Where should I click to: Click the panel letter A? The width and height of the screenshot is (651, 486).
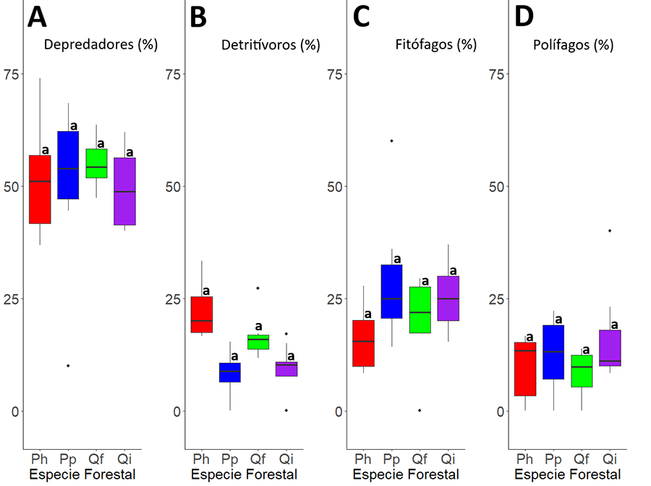(x=37, y=17)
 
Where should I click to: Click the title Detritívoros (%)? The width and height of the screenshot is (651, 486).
(x=270, y=45)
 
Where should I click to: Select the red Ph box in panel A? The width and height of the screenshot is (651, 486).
(x=40, y=189)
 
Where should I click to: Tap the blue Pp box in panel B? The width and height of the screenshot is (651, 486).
(x=230, y=372)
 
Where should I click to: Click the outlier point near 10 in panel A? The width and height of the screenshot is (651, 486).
(x=68, y=366)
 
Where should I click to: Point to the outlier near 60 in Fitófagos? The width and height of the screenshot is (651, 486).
(x=391, y=141)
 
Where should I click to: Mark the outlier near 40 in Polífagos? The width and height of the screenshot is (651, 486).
(x=610, y=231)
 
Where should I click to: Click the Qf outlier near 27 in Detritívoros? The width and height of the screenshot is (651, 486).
(x=258, y=288)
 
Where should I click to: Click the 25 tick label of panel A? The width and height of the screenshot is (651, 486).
(x=12, y=298)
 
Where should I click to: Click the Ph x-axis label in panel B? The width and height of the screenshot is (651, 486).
(x=202, y=459)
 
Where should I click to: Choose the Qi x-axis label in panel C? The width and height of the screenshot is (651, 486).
(x=448, y=459)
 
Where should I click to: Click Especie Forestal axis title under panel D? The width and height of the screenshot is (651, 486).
(x=569, y=475)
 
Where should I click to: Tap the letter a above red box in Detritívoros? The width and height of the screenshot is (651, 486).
(x=205, y=290)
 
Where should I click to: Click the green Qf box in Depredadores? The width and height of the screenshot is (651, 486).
(x=96, y=163)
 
